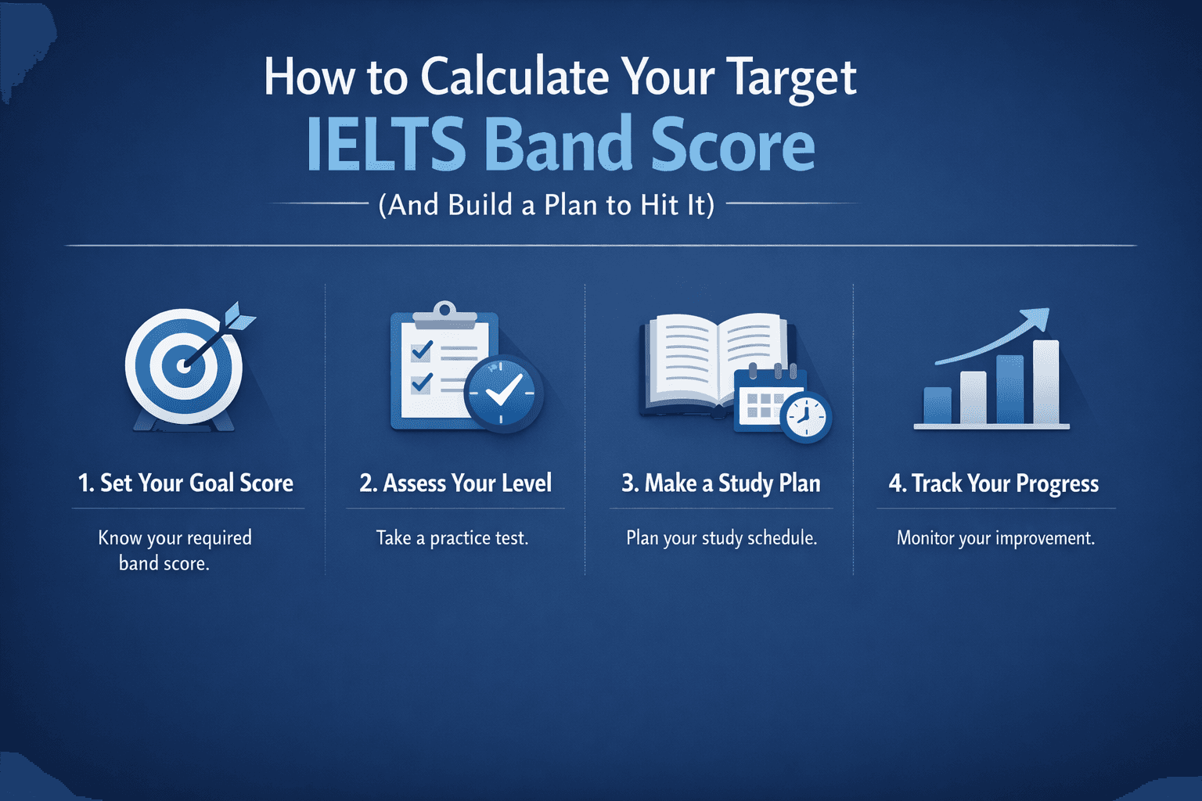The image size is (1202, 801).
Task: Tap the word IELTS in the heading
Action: [385, 145]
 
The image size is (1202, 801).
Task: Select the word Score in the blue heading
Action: [732, 145]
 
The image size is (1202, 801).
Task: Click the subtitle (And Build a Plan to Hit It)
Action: [546, 205]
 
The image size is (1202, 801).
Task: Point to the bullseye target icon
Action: [185, 366]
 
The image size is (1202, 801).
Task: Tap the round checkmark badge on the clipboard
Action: [503, 393]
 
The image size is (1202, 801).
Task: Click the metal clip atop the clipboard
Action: [444, 314]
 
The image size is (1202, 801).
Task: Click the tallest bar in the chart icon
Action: [1045, 383]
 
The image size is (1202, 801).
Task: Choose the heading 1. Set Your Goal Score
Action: [185, 483]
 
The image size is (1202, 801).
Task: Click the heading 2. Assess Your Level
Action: [455, 483]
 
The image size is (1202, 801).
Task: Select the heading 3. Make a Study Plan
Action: [721, 483]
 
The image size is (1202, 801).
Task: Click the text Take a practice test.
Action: [452, 538]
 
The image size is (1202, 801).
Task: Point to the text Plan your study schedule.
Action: [722, 538]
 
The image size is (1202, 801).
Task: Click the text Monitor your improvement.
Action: [995, 538]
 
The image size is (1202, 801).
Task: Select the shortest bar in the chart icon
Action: [937, 405]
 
